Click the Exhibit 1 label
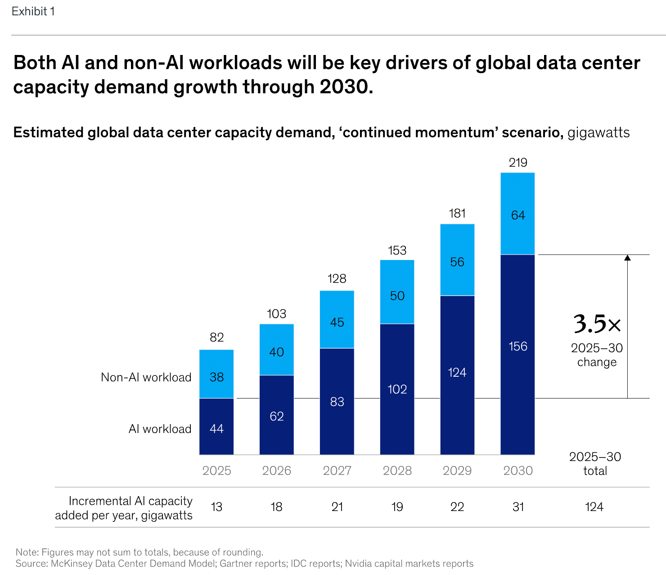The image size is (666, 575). point(33,12)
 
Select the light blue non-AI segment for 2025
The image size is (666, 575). point(216,374)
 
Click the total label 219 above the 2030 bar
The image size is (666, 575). point(518,163)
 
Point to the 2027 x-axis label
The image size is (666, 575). point(337,470)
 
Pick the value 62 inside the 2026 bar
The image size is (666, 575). point(277,416)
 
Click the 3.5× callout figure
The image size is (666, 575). point(597,324)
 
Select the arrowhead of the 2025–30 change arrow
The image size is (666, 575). point(627,258)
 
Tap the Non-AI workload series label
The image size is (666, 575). point(146,377)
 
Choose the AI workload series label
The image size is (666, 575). point(160,429)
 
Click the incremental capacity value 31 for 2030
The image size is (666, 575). point(518,507)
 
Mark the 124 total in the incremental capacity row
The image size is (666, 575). point(594,507)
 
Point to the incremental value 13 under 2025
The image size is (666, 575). point(216,507)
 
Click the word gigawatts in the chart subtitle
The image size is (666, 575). point(598,132)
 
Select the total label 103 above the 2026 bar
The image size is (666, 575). point(276,314)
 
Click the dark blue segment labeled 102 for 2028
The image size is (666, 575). point(397,389)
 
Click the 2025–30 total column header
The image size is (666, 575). point(595,464)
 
